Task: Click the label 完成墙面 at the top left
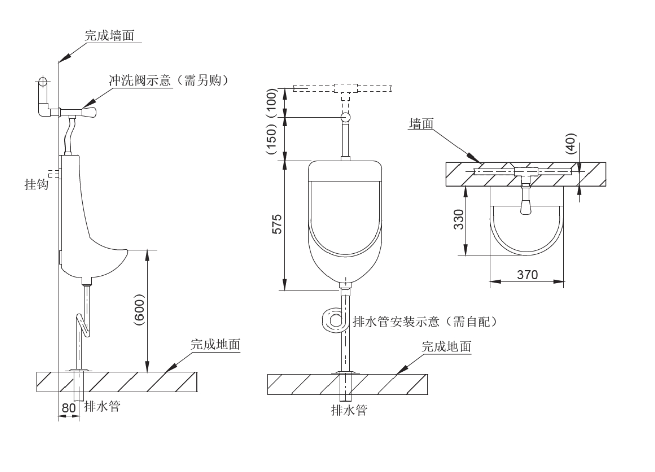[109, 36]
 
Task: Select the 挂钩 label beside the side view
[37, 185]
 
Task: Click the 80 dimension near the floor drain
[68, 408]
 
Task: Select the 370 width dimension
[527, 275]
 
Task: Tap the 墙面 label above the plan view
[421, 124]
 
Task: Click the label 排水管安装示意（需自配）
[425, 322]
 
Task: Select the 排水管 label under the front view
[349, 410]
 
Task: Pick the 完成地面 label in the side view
[215, 345]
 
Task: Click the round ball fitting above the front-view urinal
[346, 118]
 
